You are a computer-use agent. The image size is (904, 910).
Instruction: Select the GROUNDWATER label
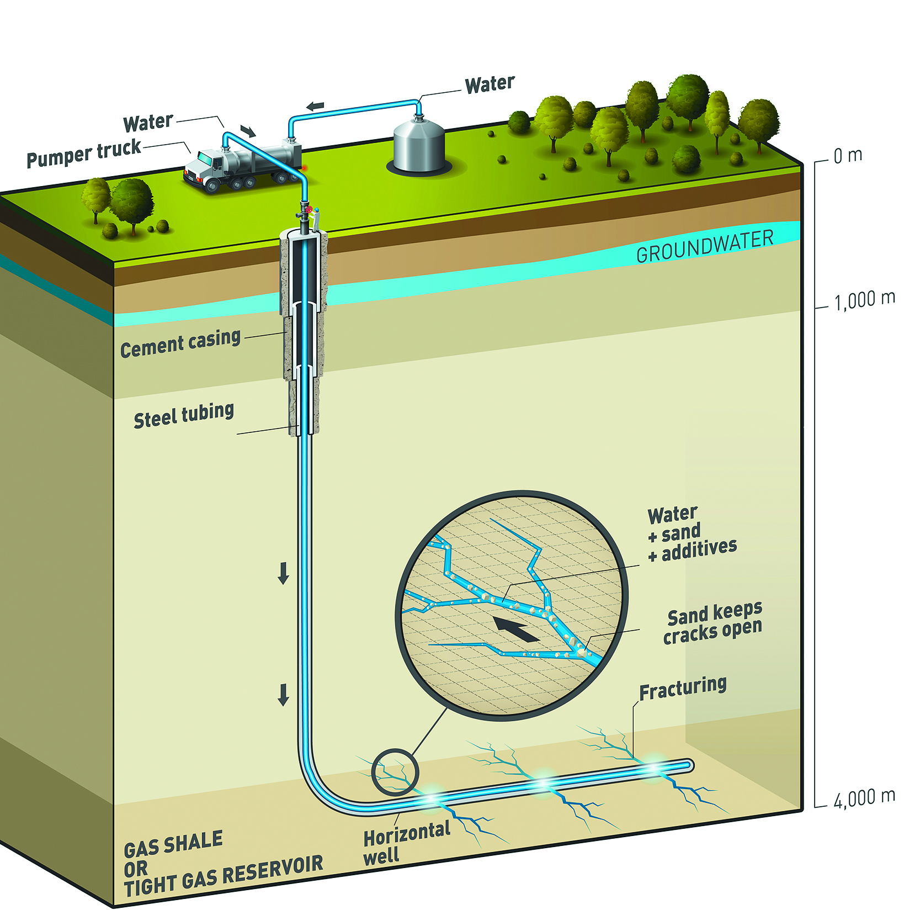(x=705, y=246)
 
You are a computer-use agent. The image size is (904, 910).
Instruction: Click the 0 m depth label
(x=848, y=156)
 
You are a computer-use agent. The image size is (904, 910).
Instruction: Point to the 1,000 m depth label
(x=864, y=300)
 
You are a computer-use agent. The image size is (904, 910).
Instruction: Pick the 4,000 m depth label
(x=864, y=798)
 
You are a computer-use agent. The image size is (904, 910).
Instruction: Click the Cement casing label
(x=180, y=344)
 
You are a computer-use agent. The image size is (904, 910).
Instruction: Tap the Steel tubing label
(x=184, y=415)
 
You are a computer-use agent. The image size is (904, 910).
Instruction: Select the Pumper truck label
(x=84, y=154)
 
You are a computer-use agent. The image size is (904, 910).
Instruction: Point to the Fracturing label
(x=683, y=687)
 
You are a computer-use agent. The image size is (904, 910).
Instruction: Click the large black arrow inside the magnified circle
(x=515, y=629)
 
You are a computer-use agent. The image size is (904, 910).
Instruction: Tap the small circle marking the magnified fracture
(x=395, y=771)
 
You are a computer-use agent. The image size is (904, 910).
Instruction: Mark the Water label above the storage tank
(x=490, y=84)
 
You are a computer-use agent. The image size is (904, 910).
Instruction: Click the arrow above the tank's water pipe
(x=316, y=105)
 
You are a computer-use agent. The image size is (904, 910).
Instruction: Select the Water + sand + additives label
(x=691, y=535)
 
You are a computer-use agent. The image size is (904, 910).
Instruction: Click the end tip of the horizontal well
(x=688, y=765)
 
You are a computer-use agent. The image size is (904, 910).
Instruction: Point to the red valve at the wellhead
(x=310, y=210)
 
